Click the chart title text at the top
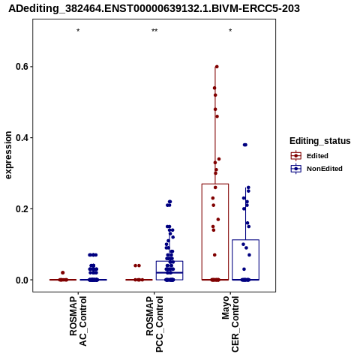pos(154,8)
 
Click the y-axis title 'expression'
pos(8,155)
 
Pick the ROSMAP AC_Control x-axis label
pos(78,321)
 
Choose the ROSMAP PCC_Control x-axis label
pos(154,324)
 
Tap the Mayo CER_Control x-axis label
pos(230,324)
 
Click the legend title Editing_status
pos(320,141)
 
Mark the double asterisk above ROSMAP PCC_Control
pos(154,31)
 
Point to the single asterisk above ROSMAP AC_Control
pos(78,31)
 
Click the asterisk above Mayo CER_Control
pos(230,31)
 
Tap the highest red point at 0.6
pos(217,67)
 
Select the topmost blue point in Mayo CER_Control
pos(245,145)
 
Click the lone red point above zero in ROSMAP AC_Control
pos(63,273)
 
